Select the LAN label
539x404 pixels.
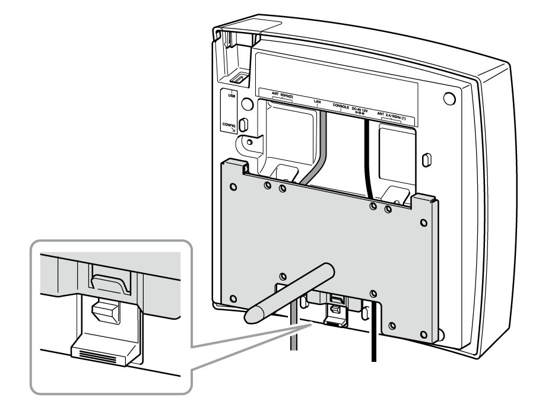click(318, 102)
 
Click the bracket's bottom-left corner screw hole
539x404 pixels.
click(233, 297)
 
